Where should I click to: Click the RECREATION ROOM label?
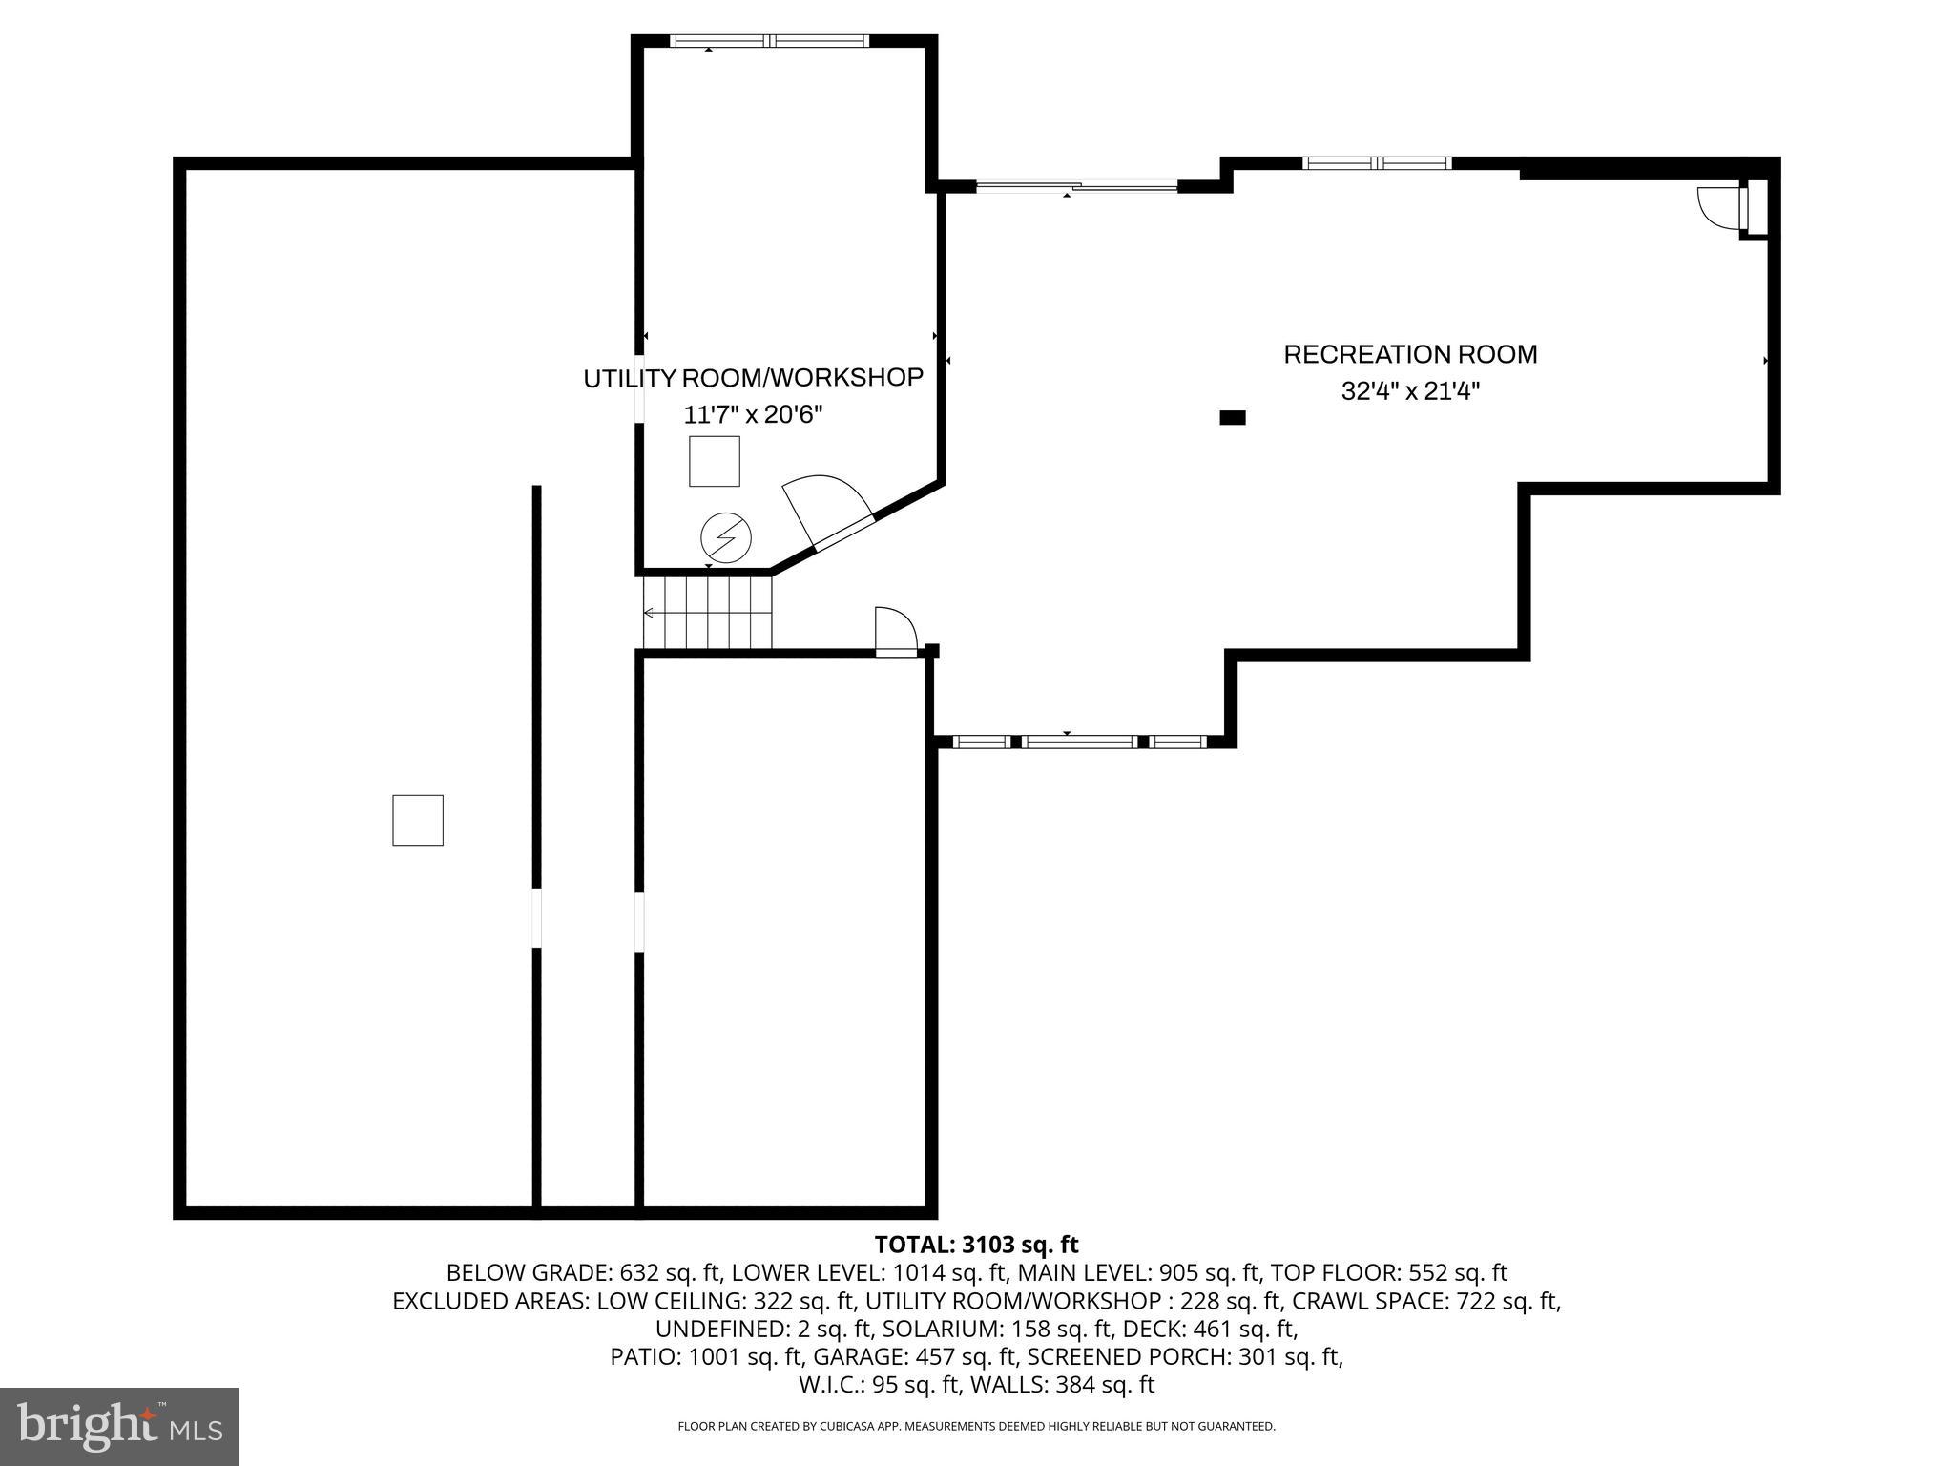click(x=1409, y=354)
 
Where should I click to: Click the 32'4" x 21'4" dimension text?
click(x=1409, y=391)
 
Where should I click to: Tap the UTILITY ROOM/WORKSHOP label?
click(x=753, y=378)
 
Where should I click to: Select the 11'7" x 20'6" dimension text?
click(x=753, y=415)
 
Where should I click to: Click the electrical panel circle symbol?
click(x=726, y=538)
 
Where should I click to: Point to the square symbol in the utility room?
click(x=714, y=461)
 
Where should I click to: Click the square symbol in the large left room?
click(x=418, y=820)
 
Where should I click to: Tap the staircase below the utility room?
click(x=707, y=611)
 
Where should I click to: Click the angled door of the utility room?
click(x=826, y=515)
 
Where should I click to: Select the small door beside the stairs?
click(x=894, y=631)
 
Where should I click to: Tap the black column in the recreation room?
click(x=1233, y=417)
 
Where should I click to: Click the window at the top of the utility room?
click(x=769, y=41)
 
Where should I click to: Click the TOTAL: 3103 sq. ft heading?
click(x=976, y=1245)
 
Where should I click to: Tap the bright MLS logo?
click(x=119, y=1426)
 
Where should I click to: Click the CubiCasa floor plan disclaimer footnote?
click(x=976, y=1426)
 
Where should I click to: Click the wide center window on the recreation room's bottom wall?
click(x=1079, y=742)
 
